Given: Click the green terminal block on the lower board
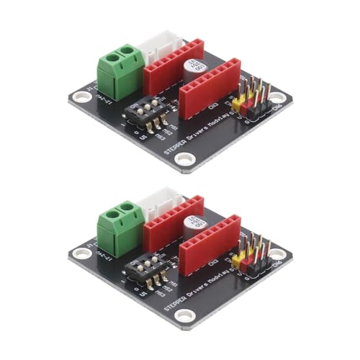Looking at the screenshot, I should pos(117,226).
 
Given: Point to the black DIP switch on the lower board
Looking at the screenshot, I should pos(146,269).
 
